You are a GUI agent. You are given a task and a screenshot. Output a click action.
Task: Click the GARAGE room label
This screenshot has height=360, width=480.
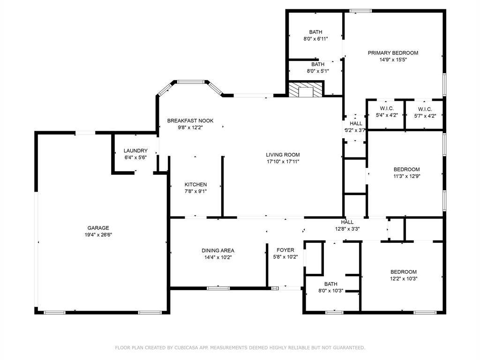click(98, 228)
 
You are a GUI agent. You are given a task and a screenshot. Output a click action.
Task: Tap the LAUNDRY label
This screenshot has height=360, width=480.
click(135, 150)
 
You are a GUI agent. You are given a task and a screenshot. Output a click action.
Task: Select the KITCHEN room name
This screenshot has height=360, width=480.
click(195, 185)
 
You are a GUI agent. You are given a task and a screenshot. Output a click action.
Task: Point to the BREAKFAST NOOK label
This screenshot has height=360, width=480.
click(190, 120)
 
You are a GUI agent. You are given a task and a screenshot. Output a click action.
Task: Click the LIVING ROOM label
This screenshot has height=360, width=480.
click(283, 155)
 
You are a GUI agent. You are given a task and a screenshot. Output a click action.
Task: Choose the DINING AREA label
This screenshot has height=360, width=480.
click(217, 250)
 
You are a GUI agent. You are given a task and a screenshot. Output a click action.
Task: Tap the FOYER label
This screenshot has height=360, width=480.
click(285, 250)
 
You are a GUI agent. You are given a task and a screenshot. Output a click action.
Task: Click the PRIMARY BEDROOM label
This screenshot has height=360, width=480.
click(393, 53)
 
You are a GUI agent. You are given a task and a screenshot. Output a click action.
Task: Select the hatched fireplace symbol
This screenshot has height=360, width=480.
click(306, 89)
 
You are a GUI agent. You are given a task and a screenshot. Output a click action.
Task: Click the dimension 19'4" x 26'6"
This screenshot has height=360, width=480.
click(98, 235)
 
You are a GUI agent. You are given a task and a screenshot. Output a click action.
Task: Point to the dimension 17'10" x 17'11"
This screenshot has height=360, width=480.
click(283, 162)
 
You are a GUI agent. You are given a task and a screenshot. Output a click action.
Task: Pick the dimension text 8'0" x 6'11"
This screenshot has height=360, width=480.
click(315, 39)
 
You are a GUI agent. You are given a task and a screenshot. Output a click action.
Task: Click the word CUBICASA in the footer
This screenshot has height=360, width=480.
click(187, 348)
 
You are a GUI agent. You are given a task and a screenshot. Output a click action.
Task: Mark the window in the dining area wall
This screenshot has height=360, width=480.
click(218, 288)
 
